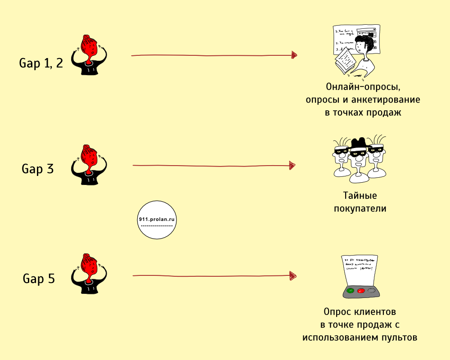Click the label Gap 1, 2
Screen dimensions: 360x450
click(x=41, y=63)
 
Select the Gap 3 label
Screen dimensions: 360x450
click(x=38, y=169)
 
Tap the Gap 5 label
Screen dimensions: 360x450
click(x=39, y=279)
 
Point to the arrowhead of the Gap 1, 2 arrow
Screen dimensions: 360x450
click(x=294, y=55)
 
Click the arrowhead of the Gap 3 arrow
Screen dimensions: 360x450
click(x=293, y=166)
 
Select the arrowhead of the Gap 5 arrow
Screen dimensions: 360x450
click(x=293, y=275)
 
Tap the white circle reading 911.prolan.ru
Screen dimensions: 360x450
click(x=157, y=220)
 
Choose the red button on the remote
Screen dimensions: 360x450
click(x=360, y=291)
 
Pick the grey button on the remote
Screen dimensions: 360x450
click(x=371, y=291)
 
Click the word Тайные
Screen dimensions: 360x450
click(x=360, y=196)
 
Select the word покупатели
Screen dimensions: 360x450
click(x=360, y=209)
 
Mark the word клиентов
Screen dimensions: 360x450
click(x=378, y=311)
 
